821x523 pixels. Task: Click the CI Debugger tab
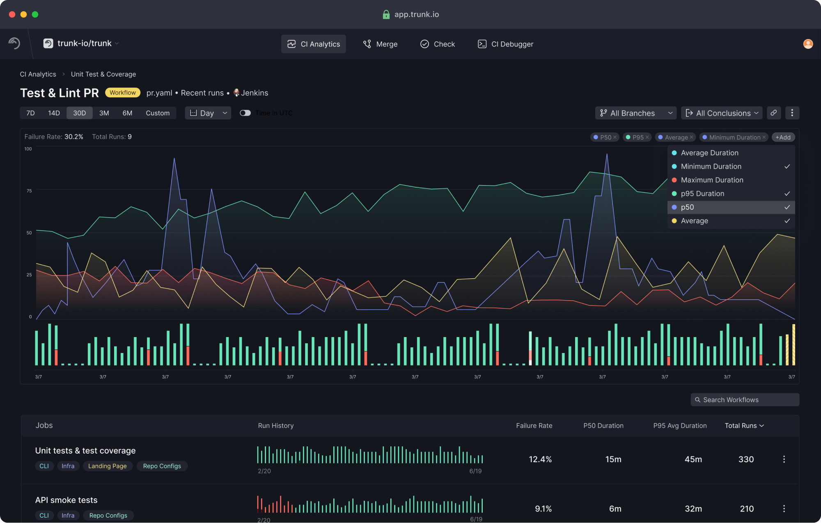(x=505, y=44)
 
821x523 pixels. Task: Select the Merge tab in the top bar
(x=380, y=44)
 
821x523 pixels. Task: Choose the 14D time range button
(x=54, y=113)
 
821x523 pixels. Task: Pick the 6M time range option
(x=127, y=113)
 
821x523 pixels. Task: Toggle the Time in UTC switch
(x=245, y=113)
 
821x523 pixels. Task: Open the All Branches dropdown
(x=636, y=113)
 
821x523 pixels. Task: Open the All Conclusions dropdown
(x=722, y=113)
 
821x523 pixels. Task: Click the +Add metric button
(x=783, y=137)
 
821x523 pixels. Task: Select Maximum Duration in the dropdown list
(x=712, y=180)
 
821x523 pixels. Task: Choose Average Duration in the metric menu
(x=710, y=153)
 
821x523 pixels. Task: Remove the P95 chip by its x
(x=647, y=137)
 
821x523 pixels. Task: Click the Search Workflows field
(x=745, y=399)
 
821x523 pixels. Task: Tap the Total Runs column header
(x=744, y=426)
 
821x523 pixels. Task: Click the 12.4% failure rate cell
(x=540, y=459)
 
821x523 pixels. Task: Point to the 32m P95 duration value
(x=693, y=509)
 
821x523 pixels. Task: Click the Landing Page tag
(x=108, y=466)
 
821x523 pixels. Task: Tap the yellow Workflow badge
(x=123, y=92)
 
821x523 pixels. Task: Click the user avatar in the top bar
(x=808, y=44)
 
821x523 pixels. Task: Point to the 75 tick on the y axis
(x=29, y=191)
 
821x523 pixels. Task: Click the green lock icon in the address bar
(x=386, y=14)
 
